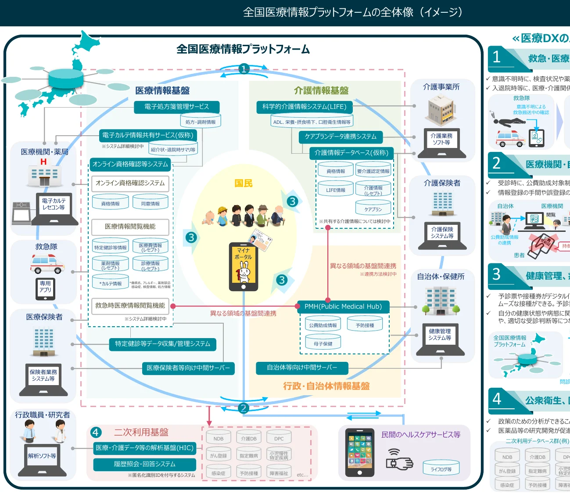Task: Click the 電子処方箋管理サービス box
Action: [x=176, y=107]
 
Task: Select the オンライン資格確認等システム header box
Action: [x=130, y=164]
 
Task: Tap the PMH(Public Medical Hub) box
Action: [x=343, y=306]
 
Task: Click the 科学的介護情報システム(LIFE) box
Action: [x=305, y=107]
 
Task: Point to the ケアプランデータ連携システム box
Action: [x=341, y=137]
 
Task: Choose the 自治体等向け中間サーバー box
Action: [x=302, y=368]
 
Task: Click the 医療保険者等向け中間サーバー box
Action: [x=188, y=368]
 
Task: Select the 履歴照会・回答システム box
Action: [x=145, y=464]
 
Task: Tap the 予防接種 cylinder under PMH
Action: [x=365, y=325]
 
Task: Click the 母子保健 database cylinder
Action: [x=323, y=343]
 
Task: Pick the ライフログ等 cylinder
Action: [x=441, y=469]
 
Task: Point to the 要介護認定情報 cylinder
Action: [x=373, y=171]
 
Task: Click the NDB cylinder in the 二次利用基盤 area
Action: [x=219, y=438]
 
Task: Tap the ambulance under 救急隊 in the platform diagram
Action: [x=47, y=264]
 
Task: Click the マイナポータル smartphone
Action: [x=244, y=267]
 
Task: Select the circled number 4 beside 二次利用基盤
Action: [x=96, y=433]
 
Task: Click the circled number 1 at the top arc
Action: [x=244, y=69]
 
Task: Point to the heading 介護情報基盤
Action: [x=321, y=90]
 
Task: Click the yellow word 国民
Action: [x=243, y=183]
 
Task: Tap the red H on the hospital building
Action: [x=43, y=162]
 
